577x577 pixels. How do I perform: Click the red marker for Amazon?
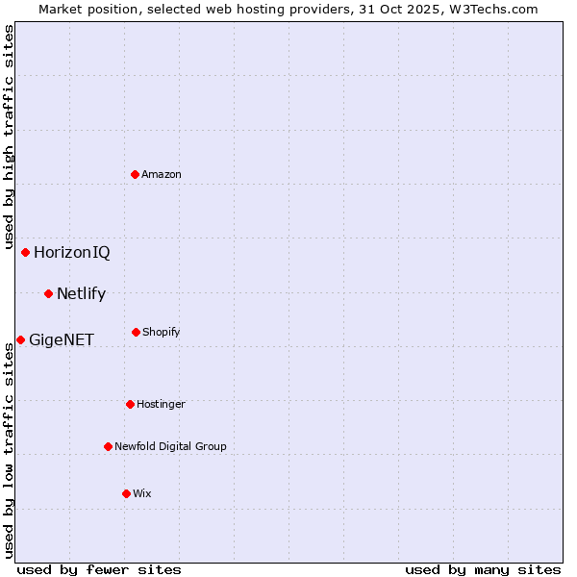(x=135, y=174)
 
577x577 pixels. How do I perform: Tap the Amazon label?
(x=162, y=174)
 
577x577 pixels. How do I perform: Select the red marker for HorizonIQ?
(x=26, y=252)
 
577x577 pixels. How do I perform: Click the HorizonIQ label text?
(x=72, y=253)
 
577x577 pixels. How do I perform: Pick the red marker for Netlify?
(x=48, y=293)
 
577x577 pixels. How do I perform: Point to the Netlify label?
(x=81, y=294)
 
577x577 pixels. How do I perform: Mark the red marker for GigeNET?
(x=20, y=339)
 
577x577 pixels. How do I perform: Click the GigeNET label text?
(x=62, y=340)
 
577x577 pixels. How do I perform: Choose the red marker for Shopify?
(x=136, y=332)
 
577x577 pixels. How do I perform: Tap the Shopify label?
(x=162, y=332)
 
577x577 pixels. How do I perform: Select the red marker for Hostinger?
(x=130, y=404)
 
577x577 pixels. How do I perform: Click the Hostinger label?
(x=161, y=404)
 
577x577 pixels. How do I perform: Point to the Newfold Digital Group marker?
(x=108, y=446)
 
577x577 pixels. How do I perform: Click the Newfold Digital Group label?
(x=170, y=446)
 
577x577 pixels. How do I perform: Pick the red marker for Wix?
(x=126, y=493)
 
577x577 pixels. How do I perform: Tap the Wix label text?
(x=142, y=493)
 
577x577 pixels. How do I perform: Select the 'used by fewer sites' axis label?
(x=99, y=569)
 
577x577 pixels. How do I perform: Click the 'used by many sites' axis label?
(x=483, y=569)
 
